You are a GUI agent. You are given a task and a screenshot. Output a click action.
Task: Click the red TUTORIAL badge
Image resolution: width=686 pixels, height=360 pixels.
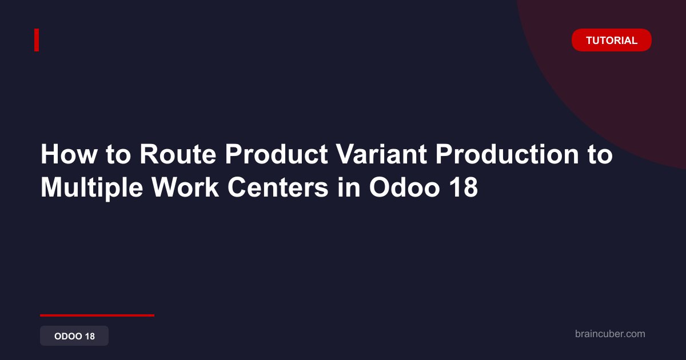pyautogui.click(x=611, y=40)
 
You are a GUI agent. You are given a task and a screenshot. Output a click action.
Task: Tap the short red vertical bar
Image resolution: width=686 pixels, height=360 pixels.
pyautogui.click(x=37, y=40)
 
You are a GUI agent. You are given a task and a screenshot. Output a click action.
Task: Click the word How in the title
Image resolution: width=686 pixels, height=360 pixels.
pyautogui.click(x=69, y=154)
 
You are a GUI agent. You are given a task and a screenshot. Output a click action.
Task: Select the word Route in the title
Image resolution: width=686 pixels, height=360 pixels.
pyautogui.click(x=178, y=154)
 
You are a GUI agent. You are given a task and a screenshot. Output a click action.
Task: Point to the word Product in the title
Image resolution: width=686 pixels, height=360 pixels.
pyautogui.click(x=277, y=154)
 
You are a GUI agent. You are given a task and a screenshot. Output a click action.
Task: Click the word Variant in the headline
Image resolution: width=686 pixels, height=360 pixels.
pyautogui.click(x=381, y=154)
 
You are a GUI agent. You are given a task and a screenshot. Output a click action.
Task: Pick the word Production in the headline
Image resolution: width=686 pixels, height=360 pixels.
pyautogui.click(x=507, y=154)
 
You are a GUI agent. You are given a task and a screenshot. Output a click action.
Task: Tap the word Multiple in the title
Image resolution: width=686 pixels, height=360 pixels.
pyautogui.click(x=92, y=187)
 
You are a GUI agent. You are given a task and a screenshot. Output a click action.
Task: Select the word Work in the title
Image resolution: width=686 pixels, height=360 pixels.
pyautogui.click(x=185, y=187)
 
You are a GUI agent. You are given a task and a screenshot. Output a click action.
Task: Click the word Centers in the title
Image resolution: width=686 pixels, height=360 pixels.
pyautogui.click(x=278, y=187)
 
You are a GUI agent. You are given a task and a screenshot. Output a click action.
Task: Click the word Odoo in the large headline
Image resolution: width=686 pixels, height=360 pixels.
pyautogui.click(x=405, y=187)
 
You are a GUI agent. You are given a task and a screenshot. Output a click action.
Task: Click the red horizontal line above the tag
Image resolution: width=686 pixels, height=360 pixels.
pyautogui.click(x=97, y=315)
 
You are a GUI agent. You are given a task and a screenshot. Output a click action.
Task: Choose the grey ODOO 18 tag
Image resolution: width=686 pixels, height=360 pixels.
pyautogui.click(x=74, y=336)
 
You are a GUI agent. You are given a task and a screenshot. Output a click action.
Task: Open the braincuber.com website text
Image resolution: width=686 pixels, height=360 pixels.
pyautogui.click(x=610, y=334)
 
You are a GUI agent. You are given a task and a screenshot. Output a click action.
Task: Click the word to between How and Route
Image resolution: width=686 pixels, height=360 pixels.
pyautogui.click(x=118, y=155)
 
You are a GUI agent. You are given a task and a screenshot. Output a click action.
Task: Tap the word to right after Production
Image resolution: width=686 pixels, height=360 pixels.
pyautogui.click(x=600, y=155)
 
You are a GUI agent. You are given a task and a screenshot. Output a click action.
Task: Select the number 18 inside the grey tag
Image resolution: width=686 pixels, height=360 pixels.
pyautogui.click(x=90, y=336)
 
